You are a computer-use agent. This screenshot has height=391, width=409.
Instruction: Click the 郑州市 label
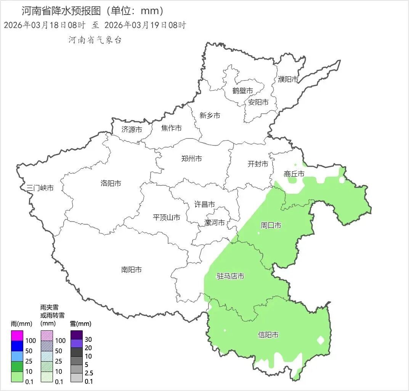point(191,159)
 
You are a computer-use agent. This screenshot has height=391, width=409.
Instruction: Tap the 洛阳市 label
point(111,183)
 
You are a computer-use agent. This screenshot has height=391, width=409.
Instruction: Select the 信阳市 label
point(268,335)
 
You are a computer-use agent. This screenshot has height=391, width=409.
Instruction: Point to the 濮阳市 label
point(288,79)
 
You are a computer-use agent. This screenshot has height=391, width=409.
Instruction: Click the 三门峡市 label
point(40,188)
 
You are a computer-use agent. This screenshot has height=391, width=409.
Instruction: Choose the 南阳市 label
point(131,270)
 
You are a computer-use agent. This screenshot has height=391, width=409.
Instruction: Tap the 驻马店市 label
point(230,276)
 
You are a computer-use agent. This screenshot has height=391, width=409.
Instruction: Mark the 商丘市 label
point(294,174)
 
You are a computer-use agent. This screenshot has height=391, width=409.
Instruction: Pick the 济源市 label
point(132,130)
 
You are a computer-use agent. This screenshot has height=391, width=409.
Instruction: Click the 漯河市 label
point(215,222)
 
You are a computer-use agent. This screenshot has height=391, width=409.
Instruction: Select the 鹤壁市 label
point(242,91)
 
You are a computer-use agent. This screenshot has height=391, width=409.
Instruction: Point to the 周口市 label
point(271,225)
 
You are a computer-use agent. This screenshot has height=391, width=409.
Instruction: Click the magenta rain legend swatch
point(17,336)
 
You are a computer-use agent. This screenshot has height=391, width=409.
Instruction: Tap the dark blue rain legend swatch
point(17,346)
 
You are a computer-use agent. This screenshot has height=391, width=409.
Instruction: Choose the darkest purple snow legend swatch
point(76,335)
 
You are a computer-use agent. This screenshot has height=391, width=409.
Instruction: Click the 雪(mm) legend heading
point(80,324)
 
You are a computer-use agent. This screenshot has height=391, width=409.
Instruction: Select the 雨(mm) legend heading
point(21,324)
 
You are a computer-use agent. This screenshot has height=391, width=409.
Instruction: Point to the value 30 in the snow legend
point(88,340)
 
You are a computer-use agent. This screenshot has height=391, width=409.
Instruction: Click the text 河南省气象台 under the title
point(95,40)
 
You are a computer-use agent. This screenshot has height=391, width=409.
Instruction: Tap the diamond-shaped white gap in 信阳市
point(321,340)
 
